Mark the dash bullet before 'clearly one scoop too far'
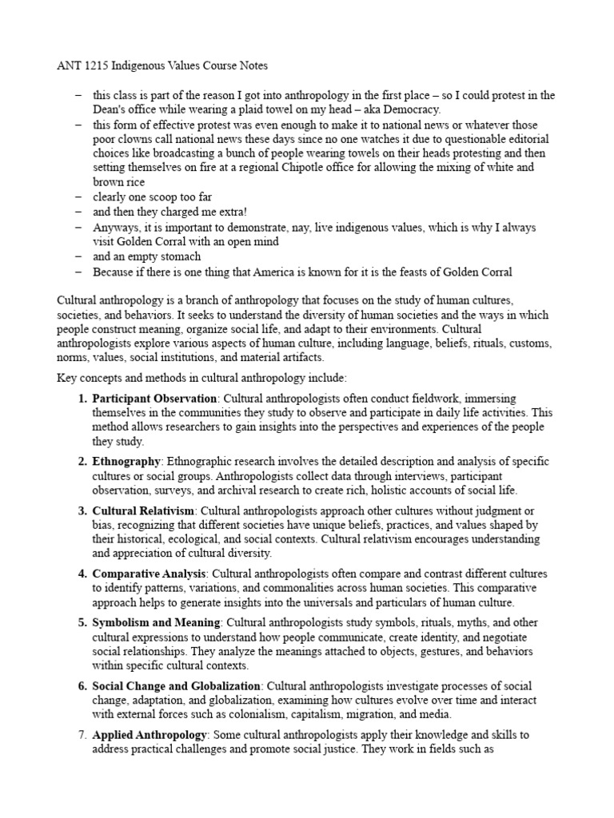coord(78,197)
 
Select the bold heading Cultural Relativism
coord(143,510)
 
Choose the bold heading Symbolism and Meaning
coord(152,622)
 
